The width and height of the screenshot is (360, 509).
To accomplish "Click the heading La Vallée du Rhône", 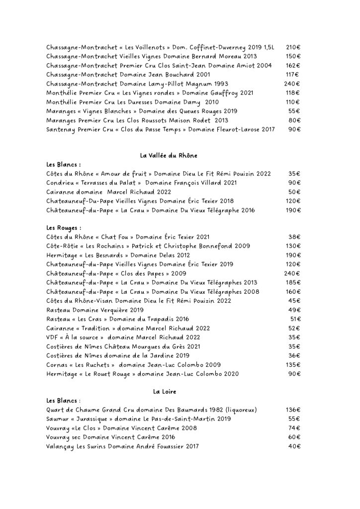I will (169, 156).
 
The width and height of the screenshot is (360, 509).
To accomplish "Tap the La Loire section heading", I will (162, 392).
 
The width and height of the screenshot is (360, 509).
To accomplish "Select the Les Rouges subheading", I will (64, 228).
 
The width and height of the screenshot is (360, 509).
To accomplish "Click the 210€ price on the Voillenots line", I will (293, 47).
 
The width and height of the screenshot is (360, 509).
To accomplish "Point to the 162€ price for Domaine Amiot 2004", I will (293, 65).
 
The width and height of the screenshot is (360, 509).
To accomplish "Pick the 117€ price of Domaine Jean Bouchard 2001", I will (293, 75).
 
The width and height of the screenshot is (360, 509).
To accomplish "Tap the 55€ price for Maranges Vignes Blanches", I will (295, 111).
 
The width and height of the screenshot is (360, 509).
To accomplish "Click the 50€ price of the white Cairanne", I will (295, 192).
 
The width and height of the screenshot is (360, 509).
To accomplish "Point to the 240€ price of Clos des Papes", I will (292, 273).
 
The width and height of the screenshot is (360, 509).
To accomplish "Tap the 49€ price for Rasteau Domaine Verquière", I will (295, 310).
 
